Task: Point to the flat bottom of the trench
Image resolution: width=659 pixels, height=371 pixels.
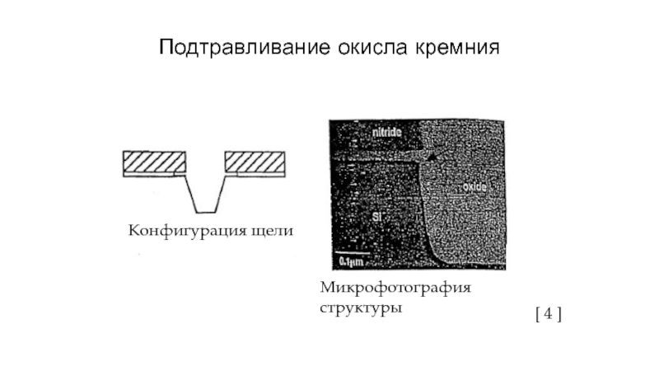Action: point(203,211)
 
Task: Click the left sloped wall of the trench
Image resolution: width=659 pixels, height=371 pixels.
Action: point(189,194)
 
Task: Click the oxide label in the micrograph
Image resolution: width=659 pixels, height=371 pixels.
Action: point(475,188)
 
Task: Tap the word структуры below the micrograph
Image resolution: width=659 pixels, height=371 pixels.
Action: point(361,308)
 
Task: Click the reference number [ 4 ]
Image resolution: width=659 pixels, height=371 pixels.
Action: point(548,313)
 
